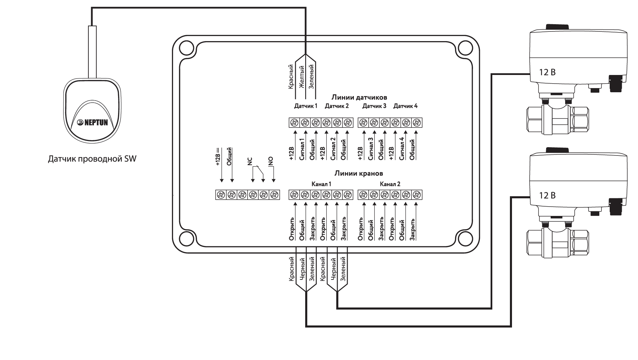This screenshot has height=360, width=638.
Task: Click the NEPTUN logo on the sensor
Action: click(x=91, y=122)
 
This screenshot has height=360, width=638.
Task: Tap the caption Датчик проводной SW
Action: click(x=92, y=159)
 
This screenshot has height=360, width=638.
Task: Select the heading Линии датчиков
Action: click(x=359, y=97)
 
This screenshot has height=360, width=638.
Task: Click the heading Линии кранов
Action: click(x=358, y=173)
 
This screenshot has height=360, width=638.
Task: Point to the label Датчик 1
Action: click(x=306, y=106)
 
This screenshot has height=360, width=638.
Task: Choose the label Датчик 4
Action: click(x=405, y=106)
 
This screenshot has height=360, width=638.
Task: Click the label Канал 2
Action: click(x=390, y=184)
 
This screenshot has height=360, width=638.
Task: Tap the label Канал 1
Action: click(x=321, y=184)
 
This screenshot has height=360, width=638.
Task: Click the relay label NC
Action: click(x=250, y=161)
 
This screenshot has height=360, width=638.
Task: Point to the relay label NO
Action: click(x=270, y=161)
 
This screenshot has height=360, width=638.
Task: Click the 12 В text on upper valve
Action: click(x=548, y=73)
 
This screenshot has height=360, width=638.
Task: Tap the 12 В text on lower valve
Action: click(x=548, y=196)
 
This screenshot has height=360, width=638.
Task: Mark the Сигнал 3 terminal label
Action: click(x=371, y=148)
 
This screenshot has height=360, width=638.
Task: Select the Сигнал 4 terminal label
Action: click(x=402, y=148)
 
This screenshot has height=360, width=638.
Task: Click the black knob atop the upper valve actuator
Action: click(x=557, y=27)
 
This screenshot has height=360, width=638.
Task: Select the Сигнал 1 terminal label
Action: click(x=302, y=149)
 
